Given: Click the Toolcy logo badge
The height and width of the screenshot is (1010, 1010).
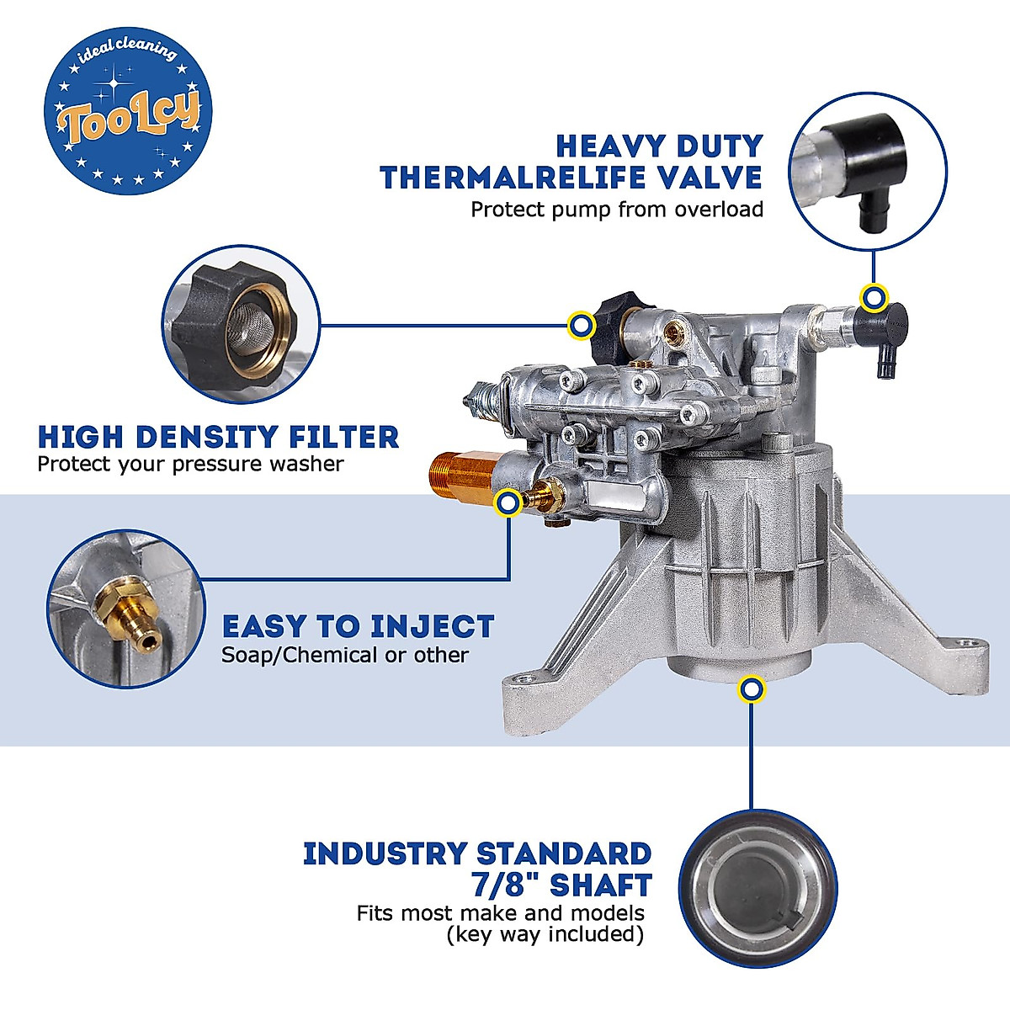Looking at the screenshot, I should pos(127,111).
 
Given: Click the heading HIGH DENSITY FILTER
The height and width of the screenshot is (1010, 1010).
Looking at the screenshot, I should pos(218,437).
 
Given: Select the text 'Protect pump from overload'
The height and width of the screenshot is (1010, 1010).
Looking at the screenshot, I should pos(616,210).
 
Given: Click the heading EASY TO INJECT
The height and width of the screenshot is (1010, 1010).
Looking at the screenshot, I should pos(358,627).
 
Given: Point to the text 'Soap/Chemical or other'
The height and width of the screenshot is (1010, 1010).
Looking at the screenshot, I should pos(344,655).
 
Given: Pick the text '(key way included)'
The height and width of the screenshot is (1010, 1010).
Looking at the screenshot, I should pos(545,935).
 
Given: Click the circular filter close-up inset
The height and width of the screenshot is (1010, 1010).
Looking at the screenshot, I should pos(242,323).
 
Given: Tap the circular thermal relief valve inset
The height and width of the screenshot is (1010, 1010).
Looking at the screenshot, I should pos(868,172).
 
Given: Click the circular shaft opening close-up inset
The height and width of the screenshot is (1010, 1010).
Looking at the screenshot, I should pos(757,889).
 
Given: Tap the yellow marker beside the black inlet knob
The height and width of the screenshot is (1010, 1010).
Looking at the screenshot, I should pos(579,324).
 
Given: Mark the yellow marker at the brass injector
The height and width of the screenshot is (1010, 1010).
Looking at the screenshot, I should pos(508,503).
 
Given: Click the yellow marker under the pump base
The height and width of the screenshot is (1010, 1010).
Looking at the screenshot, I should pos(751,689).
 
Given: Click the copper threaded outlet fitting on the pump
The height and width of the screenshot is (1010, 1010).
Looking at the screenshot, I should pos(460,481).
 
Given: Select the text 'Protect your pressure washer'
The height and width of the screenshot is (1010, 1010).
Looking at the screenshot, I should pos(190,464).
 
